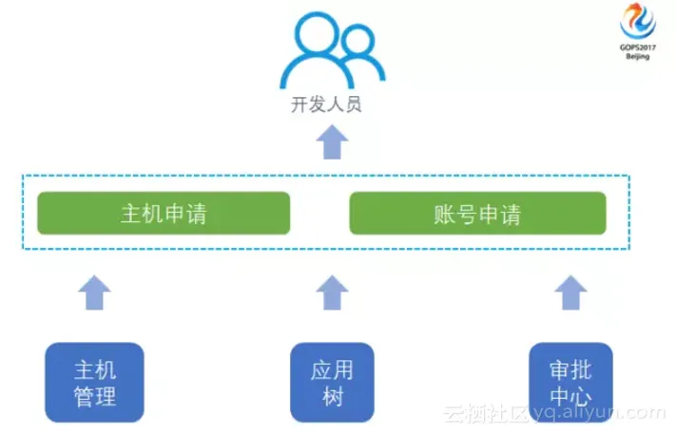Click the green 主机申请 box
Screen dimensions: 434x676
(163, 213)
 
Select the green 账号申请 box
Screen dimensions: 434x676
(477, 213)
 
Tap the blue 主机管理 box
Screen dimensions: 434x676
(95, 382)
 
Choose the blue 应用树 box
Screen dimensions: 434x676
(331, 382)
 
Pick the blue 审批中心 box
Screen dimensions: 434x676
(570, 382)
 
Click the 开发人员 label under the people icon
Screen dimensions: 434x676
(326, 104)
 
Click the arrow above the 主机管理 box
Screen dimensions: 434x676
(94, 292)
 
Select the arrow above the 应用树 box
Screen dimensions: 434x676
(332, 292)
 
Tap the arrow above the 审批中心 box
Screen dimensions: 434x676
(570, 292)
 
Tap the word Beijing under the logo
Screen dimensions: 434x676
(638, 57)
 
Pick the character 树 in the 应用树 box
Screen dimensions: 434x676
(331, 395)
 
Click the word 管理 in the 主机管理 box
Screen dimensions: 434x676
(95, 395)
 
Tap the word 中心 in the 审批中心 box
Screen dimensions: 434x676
(570, 395)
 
